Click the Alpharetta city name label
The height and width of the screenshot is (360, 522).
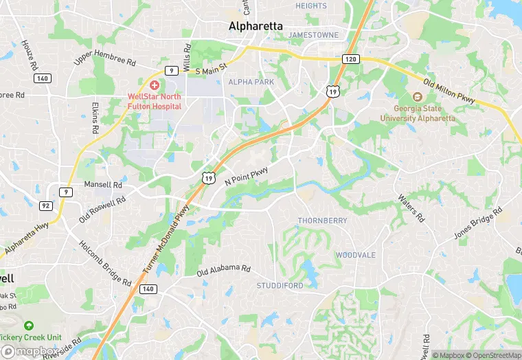255,26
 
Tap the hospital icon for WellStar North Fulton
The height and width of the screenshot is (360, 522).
154,85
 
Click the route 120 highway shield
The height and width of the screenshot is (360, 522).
350,60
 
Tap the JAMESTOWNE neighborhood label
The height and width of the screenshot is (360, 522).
314,34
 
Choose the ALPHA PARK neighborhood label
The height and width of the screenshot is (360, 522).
251,82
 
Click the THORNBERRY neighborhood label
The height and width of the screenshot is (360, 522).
322,221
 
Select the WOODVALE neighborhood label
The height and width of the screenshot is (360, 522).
356,255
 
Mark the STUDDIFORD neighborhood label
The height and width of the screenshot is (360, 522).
280,285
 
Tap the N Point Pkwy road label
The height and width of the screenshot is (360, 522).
246,175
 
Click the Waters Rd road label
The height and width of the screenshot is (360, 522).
411,207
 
